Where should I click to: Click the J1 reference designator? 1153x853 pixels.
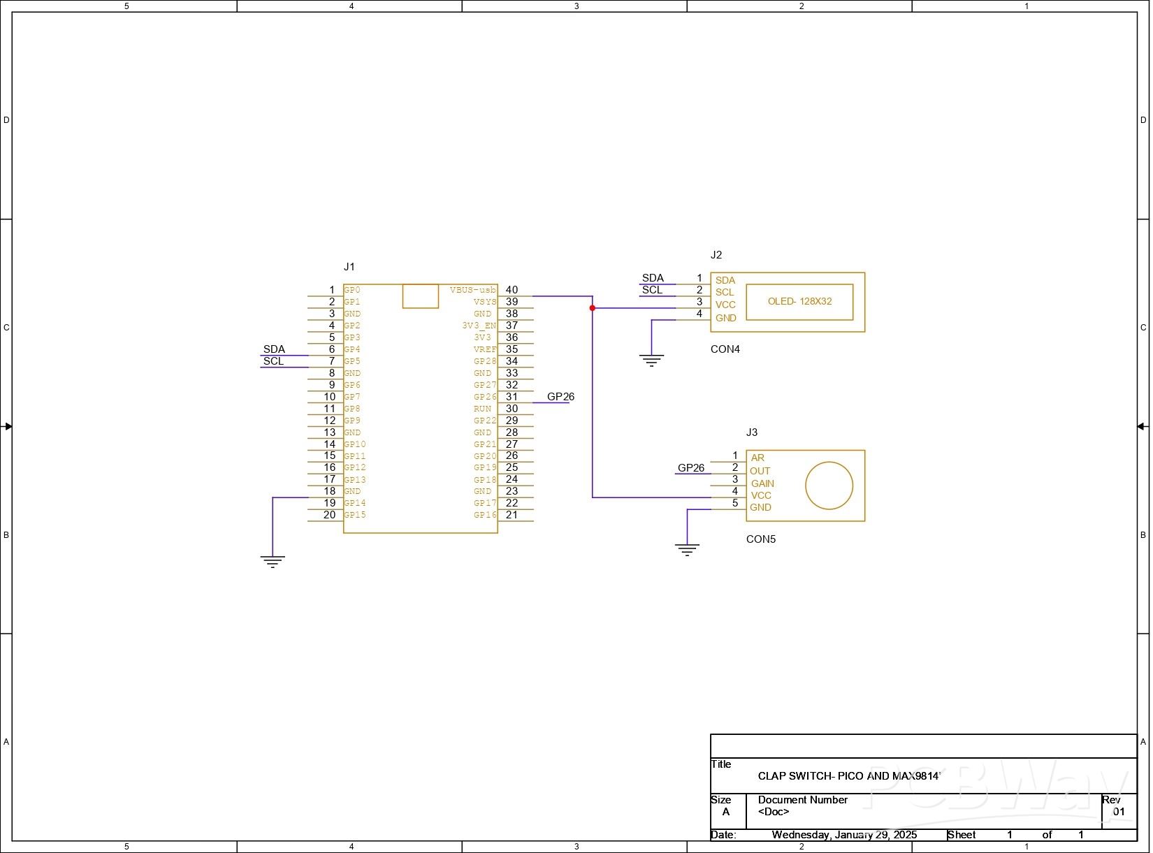[x=349, y=267]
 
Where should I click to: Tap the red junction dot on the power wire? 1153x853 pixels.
[x=593, y=308]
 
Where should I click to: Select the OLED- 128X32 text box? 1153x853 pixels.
[x=799, y=302]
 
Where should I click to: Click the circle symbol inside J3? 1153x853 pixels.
[x=829, y=486]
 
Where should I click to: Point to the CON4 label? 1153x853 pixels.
[x=725, y=349]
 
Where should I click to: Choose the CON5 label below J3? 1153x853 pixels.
[x=760, y=539]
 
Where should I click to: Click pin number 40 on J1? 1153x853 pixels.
[x=512, y=290]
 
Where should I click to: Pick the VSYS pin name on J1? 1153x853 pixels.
[x=484, y=302]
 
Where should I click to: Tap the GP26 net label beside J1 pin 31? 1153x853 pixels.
[x=560, y=397]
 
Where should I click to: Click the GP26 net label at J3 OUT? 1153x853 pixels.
[x=691, y=468]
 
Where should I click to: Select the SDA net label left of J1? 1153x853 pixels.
[x=274, y=349]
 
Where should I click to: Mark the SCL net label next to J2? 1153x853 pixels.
[x=652, y=290]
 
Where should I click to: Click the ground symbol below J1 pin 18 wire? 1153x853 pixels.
[x=273, y=561]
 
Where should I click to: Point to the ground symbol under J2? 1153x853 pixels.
[x=651, y=361]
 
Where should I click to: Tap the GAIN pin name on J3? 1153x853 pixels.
[x=762, y=483]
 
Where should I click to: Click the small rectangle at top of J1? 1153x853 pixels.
[x=421, y=296]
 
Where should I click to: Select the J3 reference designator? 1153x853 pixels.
[x=752, y=432]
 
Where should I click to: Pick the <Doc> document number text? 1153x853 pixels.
[x=774, y=812]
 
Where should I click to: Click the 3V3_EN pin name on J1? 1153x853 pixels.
[x=479, y=326]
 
